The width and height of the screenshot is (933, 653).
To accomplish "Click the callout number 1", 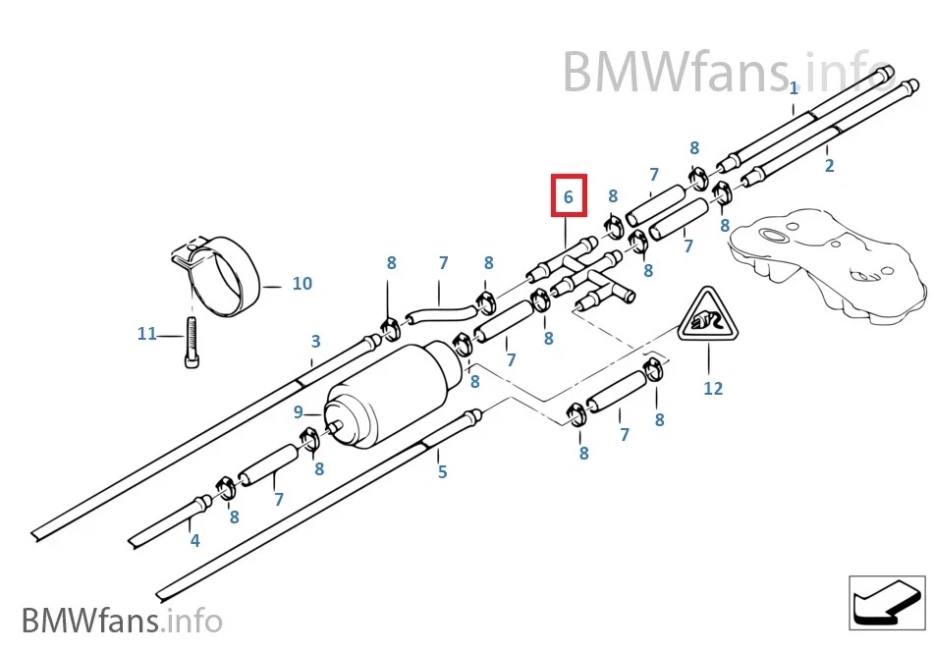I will coord(794,88).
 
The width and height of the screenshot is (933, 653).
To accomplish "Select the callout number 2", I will coord(829,166).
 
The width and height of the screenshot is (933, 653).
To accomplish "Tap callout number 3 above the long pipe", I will coord(315,342).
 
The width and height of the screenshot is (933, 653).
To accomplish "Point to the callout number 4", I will coord(194,540).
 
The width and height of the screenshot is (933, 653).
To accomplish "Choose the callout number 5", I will coord(442,472).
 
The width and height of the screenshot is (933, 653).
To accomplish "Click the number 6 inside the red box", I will coord(568,196).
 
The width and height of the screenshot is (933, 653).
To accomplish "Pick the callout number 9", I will coord(299,412).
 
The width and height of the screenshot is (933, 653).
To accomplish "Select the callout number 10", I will coord(302,284).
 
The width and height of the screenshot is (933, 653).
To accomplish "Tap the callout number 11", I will coord(146,334).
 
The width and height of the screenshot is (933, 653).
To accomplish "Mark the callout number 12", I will coord(712,389).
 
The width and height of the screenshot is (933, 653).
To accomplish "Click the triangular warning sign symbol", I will coord(707,318).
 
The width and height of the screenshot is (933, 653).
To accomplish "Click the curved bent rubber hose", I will coord(439,313).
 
